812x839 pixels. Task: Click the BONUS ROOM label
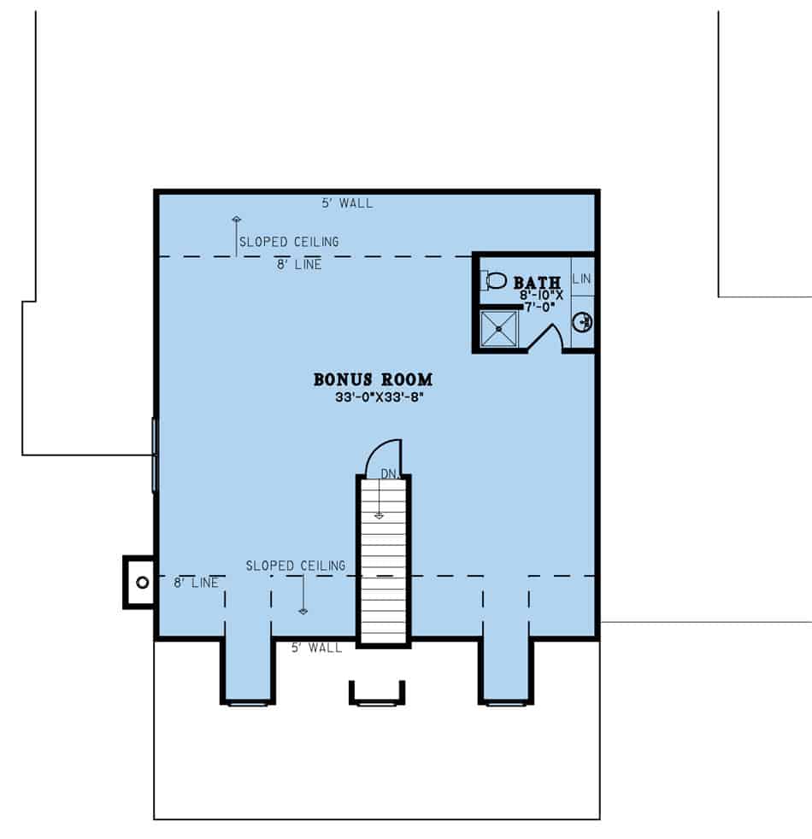click(x=373, y=379)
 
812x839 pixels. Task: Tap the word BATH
click(x=537, y=282)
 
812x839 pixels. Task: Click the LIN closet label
click(x=581, y=279)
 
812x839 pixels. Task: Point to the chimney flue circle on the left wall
click(x=142, y=582)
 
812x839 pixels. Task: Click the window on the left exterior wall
click(x=155, y=455)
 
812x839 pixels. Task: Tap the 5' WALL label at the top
click(x=347, y=203)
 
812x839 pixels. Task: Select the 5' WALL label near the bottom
click(x=316, y=648)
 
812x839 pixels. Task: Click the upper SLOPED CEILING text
click(x=289, y=242)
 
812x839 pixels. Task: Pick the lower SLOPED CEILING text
click(x=296, y=566)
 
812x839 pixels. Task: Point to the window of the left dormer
click(x=248, y=702)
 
